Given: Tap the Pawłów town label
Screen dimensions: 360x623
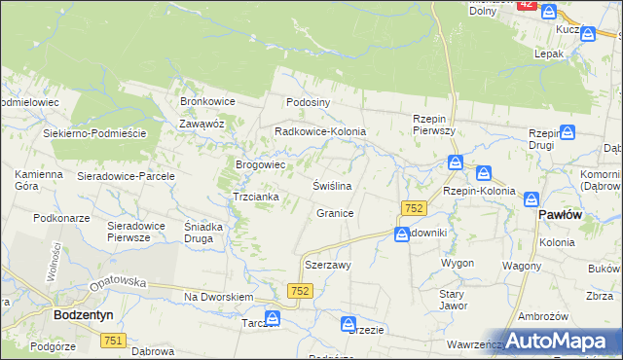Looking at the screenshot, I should [x=560, y=214].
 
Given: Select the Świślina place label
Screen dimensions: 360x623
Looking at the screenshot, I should [x=331, y=185].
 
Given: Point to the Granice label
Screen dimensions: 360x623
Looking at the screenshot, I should [x=335, y=212].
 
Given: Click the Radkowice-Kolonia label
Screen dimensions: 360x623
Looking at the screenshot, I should [x=320, y=130].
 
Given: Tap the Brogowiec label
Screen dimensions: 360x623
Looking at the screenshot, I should [x=260, y=164].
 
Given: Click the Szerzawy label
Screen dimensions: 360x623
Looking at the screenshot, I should [x=328, y=265].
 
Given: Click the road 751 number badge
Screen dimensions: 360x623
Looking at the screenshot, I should [x=113, y=340].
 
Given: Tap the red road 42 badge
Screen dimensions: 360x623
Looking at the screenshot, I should [x=526, y=5].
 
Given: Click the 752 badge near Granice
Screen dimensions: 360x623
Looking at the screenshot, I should [x=414, y=209].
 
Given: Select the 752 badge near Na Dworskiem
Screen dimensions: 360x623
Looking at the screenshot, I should [x=300, y=291].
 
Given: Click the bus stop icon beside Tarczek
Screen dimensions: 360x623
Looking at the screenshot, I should [x=274, y=318].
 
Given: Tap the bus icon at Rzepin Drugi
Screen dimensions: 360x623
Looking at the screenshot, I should [x=568, y=132].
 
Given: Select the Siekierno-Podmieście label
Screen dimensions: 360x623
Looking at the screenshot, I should [x=94, y=133].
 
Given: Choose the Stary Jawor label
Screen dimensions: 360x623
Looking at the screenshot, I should [x=452, y=298].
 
